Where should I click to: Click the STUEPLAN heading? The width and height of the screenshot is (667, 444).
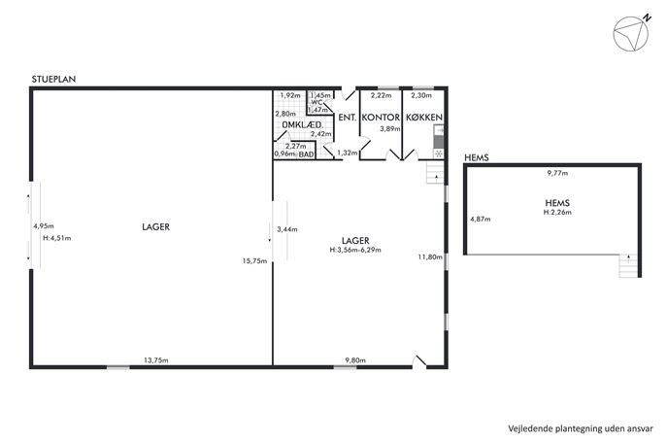tap(53, 79)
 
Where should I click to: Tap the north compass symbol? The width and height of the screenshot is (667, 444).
tap(632, 33)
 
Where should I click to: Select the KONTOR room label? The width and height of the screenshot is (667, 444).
tap(381, 117)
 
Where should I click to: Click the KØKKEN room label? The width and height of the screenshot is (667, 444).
tap(424, 117)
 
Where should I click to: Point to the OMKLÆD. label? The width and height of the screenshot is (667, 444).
tap(303, 125)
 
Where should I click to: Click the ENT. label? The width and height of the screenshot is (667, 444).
tap(348, 117)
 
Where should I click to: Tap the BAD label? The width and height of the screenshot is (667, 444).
tap(306, 154)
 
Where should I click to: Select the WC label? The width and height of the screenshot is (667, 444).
tap(317, 102)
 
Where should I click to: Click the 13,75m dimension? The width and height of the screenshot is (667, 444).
tap(156, 360)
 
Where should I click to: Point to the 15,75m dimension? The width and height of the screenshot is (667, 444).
tap(254, 261)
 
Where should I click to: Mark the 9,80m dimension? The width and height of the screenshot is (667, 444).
tap(355, 360)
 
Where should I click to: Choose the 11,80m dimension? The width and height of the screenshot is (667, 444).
tap(430, 256)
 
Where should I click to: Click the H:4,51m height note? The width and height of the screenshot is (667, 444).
tap(57, 238)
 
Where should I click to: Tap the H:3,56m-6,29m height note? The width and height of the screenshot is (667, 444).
tap(355, 250)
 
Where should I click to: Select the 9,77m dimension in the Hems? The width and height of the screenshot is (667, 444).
tap(557, 173)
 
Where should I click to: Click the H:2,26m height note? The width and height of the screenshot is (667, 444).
tap(557, 212)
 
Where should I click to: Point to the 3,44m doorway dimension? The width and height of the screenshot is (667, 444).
tap(287, 229)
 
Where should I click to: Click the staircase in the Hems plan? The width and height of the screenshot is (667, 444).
tap(629, 265)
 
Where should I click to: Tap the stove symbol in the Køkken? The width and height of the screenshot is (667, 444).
tap(439, 154)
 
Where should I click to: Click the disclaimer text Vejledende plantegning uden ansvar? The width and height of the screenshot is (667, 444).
tap(581, 428)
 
